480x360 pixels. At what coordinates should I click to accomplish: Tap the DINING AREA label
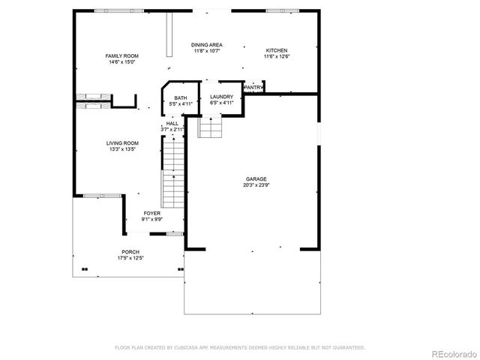(205, 45)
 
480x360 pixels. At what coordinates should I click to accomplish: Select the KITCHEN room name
(276, 50)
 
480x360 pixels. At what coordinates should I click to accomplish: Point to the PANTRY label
(253, 87)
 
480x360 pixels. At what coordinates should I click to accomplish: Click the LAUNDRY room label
(221, 97)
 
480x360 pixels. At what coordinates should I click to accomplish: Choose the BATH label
(181, 97)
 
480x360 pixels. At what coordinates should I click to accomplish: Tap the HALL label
(172, 123)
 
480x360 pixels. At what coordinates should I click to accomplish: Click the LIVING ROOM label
(121, 143)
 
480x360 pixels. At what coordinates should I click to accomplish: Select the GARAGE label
(256, 178)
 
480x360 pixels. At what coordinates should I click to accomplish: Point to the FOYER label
(152, 214)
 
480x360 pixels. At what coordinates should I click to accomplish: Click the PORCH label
(130, 252)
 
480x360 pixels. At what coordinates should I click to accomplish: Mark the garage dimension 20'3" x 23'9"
(256, 184)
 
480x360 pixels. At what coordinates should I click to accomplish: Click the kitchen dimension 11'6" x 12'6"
(276, 56)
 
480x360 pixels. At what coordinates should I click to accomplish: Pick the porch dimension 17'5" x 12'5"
(130, 258)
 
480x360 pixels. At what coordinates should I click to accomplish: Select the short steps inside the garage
(210, 128)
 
